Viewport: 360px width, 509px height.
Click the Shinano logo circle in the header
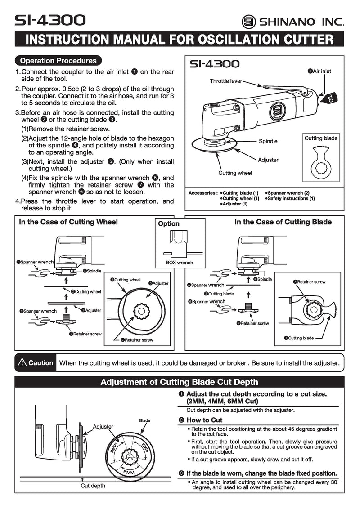pos(248,21)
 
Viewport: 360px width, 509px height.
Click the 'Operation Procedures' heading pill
pos(58,61)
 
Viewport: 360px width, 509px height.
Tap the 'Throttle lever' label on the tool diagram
pos(225,81)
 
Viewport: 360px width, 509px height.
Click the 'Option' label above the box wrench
pos(169,224)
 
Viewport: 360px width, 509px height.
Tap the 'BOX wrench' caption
pos(180,263)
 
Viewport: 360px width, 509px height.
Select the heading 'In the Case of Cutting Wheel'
pos(68,222)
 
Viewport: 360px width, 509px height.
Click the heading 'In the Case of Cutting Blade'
pos(283,222)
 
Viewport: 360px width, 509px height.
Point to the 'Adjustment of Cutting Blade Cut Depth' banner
pos(179,382)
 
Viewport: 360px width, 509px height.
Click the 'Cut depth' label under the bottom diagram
pos(93,486)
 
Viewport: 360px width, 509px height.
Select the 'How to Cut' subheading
pos(204,420)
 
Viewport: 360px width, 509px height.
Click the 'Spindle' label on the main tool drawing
pos(268,141)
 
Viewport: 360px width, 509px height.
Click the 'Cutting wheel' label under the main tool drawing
pos(235,173)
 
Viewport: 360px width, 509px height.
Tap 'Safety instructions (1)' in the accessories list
pos(292,198)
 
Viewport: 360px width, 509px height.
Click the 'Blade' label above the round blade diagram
pos(144,420)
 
